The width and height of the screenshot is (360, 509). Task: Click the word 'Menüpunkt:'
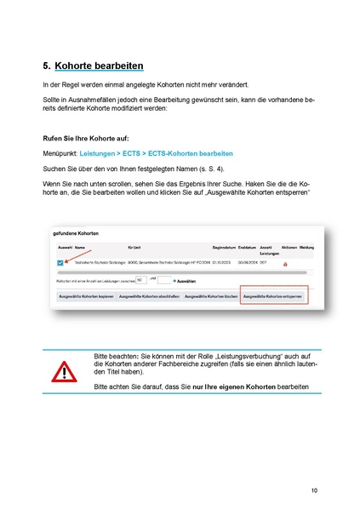point(60,153)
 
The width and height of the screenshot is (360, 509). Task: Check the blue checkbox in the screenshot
point(60,264)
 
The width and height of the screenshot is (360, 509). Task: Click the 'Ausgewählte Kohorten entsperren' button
point(274,296)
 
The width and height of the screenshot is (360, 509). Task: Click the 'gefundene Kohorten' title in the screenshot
point(76,232)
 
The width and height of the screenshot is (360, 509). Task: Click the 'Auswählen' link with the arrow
point(186,279)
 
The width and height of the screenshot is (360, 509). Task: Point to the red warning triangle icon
point(63,372)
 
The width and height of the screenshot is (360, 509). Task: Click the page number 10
point(314,490)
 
